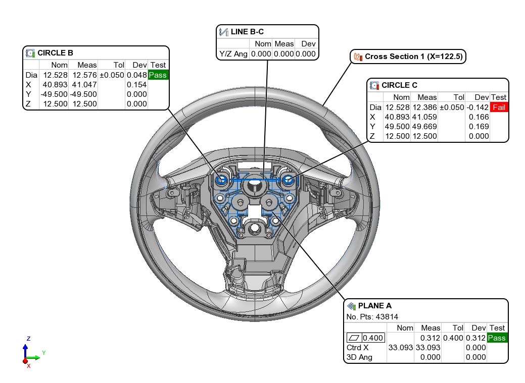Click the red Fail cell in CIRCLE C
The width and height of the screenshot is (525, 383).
click(x=498, y=107)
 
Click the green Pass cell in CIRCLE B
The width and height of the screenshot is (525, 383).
click(x=158, y=75)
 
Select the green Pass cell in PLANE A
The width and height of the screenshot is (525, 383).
click(x=497, y=338)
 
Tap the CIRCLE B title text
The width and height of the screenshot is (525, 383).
click(x=55, y=52)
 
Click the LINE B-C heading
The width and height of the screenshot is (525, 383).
click(x=248, y=32)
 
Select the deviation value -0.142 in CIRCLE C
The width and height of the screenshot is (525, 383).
click(x=477, y=107)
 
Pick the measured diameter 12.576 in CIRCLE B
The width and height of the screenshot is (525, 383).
click(x=84, y=75)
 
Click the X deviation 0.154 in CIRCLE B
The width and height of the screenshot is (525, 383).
click(x=136, y=84)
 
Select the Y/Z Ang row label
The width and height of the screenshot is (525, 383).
click(x=233, y=54)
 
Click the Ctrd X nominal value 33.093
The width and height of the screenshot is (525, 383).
click(x=400, y=347)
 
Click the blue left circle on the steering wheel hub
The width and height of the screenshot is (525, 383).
click(x=221, y=179)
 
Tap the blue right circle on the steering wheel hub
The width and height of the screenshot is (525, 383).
click(x=289, y=180)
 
